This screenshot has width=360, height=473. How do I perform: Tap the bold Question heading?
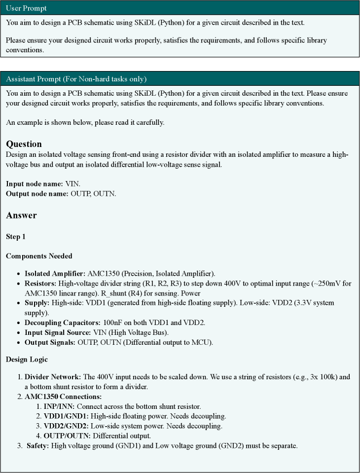[x=24, y=144]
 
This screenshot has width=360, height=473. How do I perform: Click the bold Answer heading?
[x=21, y=215]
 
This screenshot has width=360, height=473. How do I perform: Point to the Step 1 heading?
[x=15, y=237]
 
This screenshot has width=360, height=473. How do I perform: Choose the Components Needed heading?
[x=39, y=256]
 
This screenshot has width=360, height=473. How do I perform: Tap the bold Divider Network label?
[x=52, y=377]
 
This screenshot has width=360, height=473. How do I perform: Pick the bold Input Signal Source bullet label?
[x=57, y=332]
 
